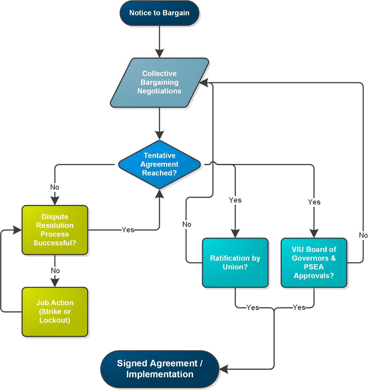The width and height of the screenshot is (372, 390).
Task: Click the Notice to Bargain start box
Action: tap(159, 13)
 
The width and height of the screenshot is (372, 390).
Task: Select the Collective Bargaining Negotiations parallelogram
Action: tap(159, 82)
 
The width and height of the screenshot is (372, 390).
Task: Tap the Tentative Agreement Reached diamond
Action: tap(159, 164)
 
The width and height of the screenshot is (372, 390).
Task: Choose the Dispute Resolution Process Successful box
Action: tap(55, 230)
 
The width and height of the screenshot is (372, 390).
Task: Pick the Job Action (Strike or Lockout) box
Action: tap(55, 312)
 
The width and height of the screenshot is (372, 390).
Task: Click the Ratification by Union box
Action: tap(235, 263)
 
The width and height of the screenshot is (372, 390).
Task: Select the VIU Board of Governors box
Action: tap(314, 263)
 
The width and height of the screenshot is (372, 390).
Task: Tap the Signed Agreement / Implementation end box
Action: tap(160, 369)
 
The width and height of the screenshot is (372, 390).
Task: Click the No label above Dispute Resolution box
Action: tap(55, 187)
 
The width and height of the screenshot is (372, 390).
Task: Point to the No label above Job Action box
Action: tap(55, 270)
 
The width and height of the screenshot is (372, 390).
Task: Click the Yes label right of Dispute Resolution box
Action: tap(128, 230)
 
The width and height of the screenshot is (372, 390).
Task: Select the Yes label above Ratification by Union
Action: tap(235, 200)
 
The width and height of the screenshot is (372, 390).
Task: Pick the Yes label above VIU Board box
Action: tap(314, 202)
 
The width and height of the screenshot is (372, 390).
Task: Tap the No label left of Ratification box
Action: tap(187, 224)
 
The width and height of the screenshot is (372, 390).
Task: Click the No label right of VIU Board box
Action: tap(363, 235)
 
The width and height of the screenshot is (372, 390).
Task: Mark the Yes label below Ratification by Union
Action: tap(253, 307)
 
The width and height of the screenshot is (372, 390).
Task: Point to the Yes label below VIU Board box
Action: tap(299, 307)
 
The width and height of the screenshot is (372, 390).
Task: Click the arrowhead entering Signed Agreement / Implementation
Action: tap(223, 369)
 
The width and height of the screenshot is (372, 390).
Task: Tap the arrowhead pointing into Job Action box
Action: tap(55, 283)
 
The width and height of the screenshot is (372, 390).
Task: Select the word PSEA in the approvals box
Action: tap(314, 267)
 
